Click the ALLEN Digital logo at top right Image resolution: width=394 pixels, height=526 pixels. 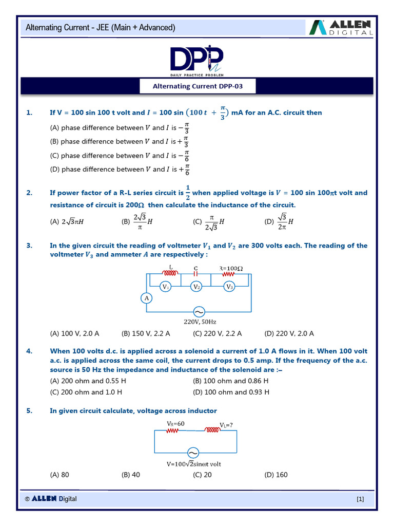(x=342, y=27)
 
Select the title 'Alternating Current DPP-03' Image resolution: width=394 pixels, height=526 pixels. (x=198, y=86)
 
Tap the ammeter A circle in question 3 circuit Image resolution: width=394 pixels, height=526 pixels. (x=146, y=298)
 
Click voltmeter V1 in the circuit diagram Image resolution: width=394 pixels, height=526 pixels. (x=165, y=287)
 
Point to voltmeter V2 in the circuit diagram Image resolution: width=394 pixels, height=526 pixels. (x=196, y=287)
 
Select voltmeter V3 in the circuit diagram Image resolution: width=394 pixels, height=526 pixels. (x=229, y=287)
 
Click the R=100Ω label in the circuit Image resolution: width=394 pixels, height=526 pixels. (x=231, y=268)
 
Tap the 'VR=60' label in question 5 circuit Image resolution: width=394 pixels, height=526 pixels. (x=175, y=423)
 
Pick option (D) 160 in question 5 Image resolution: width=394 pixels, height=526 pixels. (x=276, y=475)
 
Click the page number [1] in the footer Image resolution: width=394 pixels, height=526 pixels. (x=360, y=499)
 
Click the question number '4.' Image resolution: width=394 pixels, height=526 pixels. (x=29, y=351)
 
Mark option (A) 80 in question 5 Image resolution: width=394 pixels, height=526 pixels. (x=60, y=475)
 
